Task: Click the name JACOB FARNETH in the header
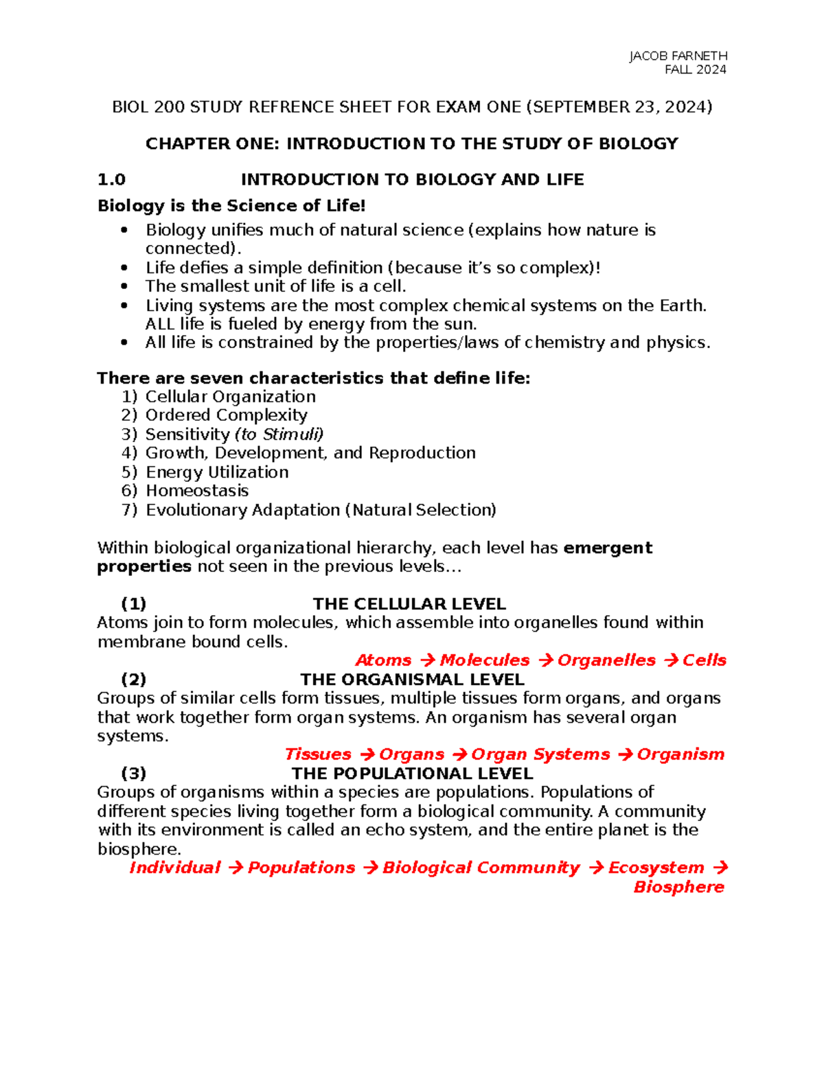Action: click(678, 56)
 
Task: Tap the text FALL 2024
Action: click(695, 69)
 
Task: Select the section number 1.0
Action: click(111, 180)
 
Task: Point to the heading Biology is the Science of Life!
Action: click(231, 205)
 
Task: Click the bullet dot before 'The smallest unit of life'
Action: click(124, 286)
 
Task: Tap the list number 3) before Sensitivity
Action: click(130, 434)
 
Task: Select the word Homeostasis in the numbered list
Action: click(197, 491)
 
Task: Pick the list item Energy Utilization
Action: click(217, 472)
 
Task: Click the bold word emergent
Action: click(607, 548)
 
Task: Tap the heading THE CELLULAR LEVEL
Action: click(409, 604)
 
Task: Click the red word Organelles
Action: click(606, 660)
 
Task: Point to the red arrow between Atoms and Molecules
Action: click(426, 660)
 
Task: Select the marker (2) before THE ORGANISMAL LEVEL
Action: click(133, 680)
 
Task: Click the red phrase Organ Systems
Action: click(540, 754)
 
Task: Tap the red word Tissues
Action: click(317, 754)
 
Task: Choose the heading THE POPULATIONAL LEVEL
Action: click(412, 774)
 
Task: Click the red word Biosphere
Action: click(678, 887)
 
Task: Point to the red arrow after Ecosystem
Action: click(719, 868)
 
